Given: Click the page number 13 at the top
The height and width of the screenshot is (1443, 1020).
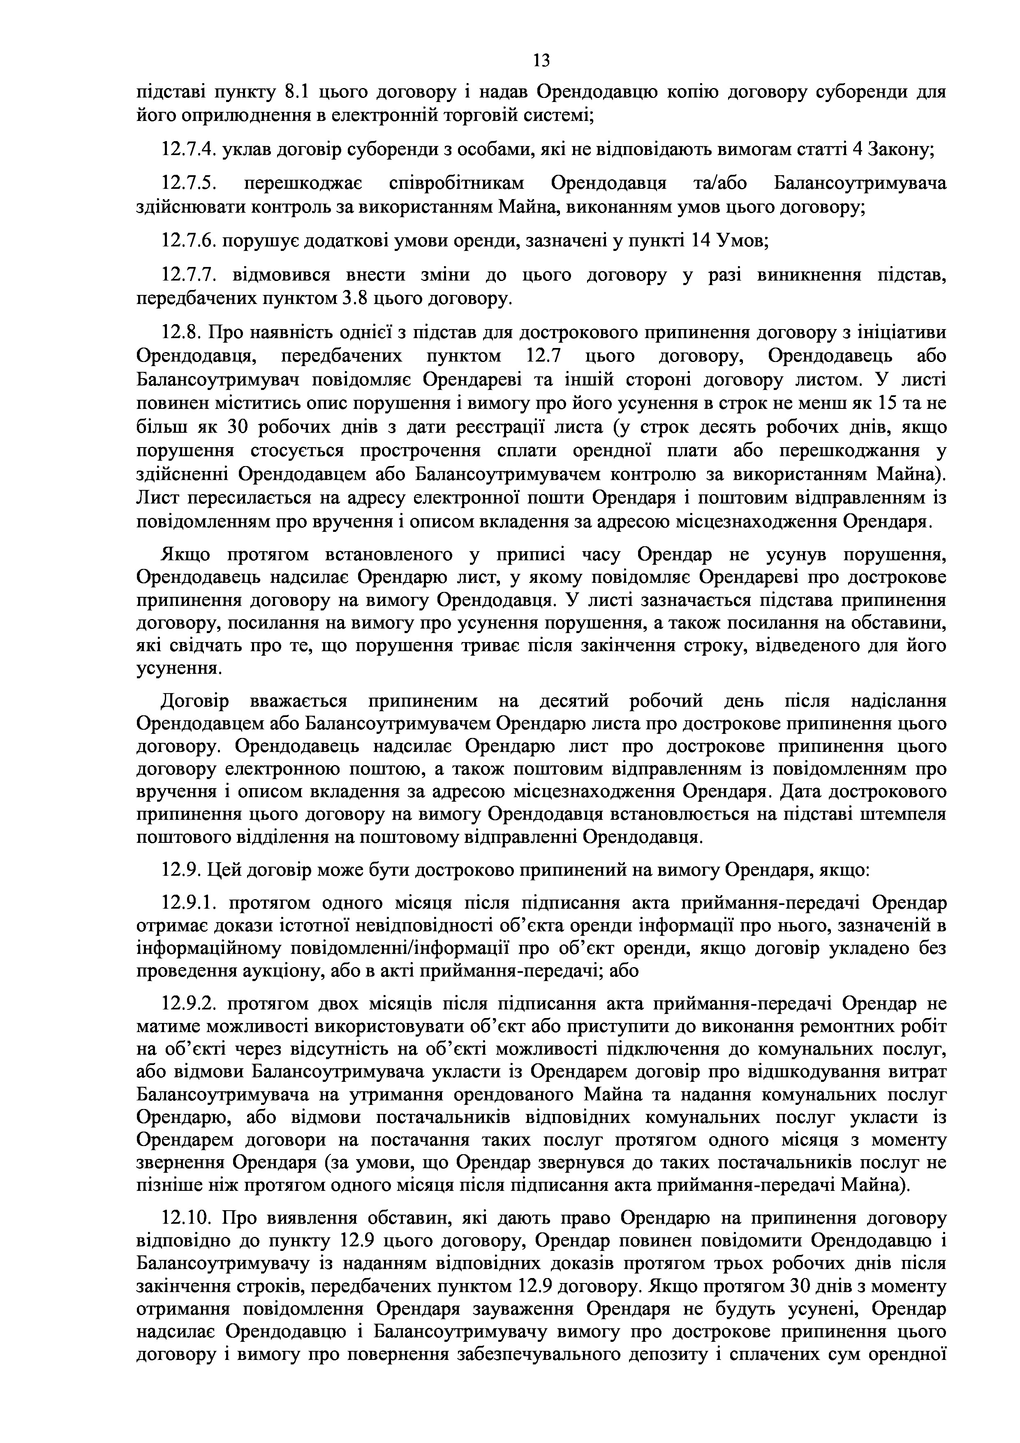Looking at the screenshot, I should [541, 60].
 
